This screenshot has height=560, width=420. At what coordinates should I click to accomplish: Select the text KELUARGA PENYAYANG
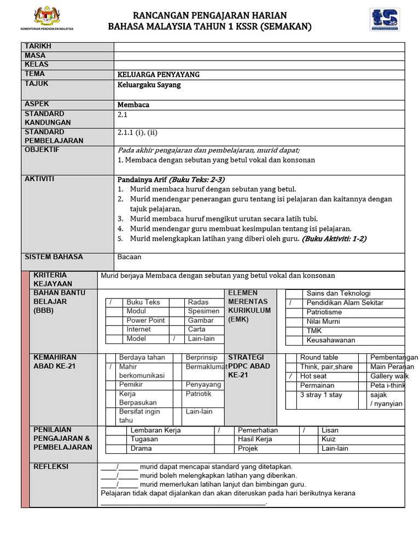[159, 74]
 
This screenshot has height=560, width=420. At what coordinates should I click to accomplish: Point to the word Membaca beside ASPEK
[133, 104]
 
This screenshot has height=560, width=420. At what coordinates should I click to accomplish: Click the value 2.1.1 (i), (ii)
[138, 132]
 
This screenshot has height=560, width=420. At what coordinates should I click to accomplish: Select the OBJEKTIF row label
[42, 150]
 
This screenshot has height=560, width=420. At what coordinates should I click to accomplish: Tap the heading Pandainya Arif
[142, 179]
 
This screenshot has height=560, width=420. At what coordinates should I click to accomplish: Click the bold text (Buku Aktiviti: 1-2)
[334, 238]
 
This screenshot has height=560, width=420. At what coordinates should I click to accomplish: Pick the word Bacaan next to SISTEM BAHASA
[130, 256]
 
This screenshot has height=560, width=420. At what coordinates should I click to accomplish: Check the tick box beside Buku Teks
[113, 302]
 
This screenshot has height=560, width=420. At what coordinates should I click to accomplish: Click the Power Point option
[145, 320]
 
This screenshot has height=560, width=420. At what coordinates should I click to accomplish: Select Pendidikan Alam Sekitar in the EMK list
[345, 303]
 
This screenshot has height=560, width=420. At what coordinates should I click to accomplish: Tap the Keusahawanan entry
[331, 340]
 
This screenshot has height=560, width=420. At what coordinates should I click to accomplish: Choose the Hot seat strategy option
[313, 376]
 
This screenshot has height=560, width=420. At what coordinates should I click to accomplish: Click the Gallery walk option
[389, 376]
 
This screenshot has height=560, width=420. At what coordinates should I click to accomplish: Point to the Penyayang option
[203, 384]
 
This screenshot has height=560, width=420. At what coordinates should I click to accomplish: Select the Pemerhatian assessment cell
[258, 430]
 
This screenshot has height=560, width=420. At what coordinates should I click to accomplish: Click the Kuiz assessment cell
[329, 439]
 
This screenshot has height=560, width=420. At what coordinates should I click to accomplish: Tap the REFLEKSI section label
[51, 466]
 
